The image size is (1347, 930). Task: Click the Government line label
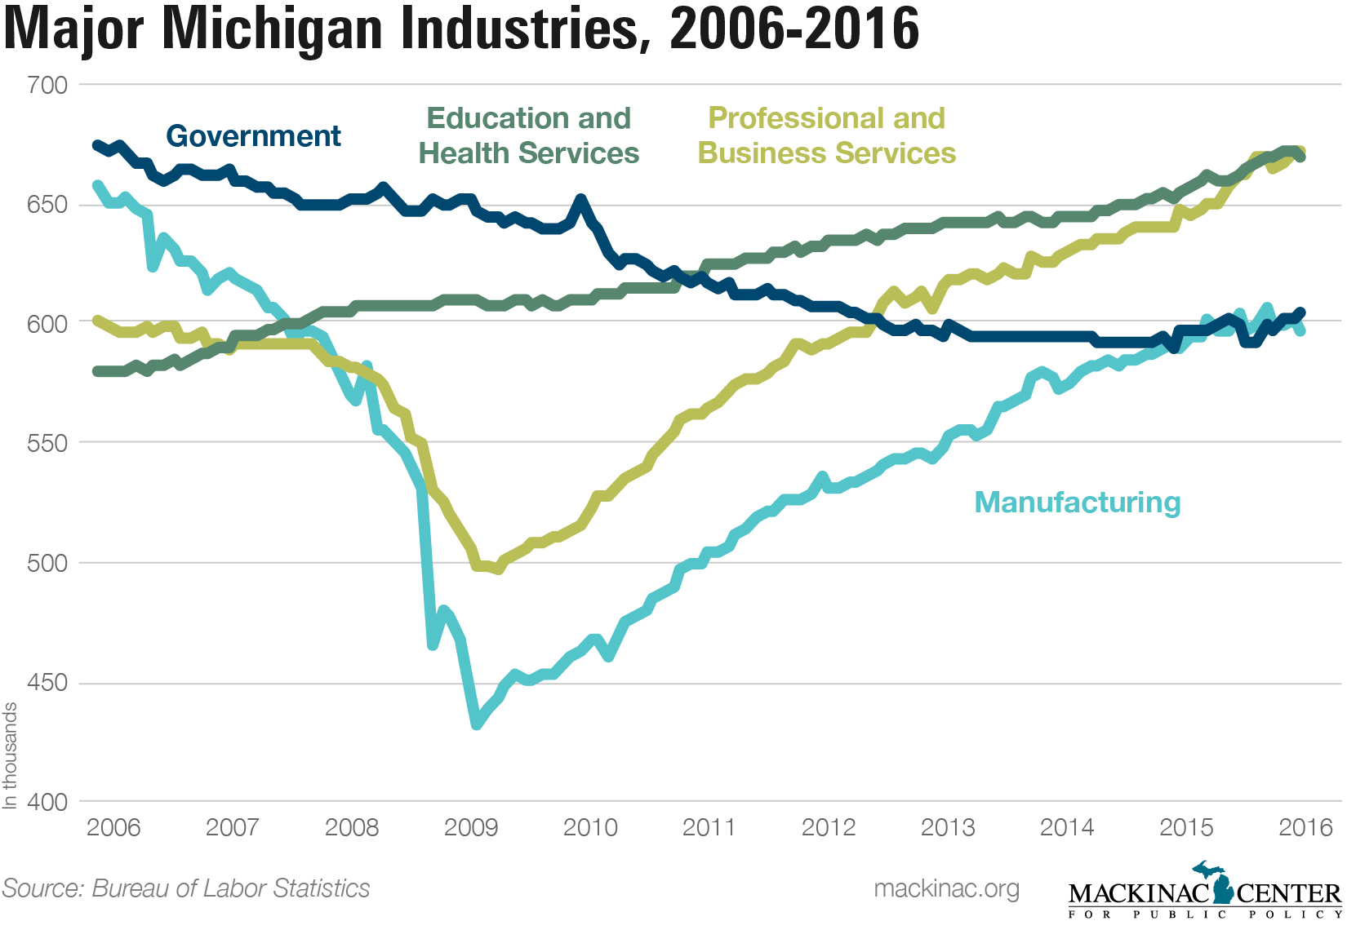click(253, 136)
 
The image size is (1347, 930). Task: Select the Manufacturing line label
click(1078, 503)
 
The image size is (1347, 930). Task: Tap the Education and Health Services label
click(529, 135)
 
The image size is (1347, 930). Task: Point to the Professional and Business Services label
click(826, 135)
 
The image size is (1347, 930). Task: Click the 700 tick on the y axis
click(47, 85)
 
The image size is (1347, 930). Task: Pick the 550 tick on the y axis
click(47, 443)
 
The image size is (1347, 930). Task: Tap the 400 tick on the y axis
click(47, 802)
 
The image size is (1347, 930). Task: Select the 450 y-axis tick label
click(47, 683)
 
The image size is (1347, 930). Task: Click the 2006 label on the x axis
click(113, 827)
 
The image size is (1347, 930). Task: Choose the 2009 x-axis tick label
click(471, 827)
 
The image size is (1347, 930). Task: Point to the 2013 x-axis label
click(948, 827)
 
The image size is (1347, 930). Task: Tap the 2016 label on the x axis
click(1305, 827)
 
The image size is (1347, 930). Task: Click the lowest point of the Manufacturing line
click(477, 724)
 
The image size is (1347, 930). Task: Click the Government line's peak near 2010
click(580, 198)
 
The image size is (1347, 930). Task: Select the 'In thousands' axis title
click(10, 755)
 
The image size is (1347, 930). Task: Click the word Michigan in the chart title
click(274, 29)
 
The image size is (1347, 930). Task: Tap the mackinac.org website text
click(946, 888)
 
